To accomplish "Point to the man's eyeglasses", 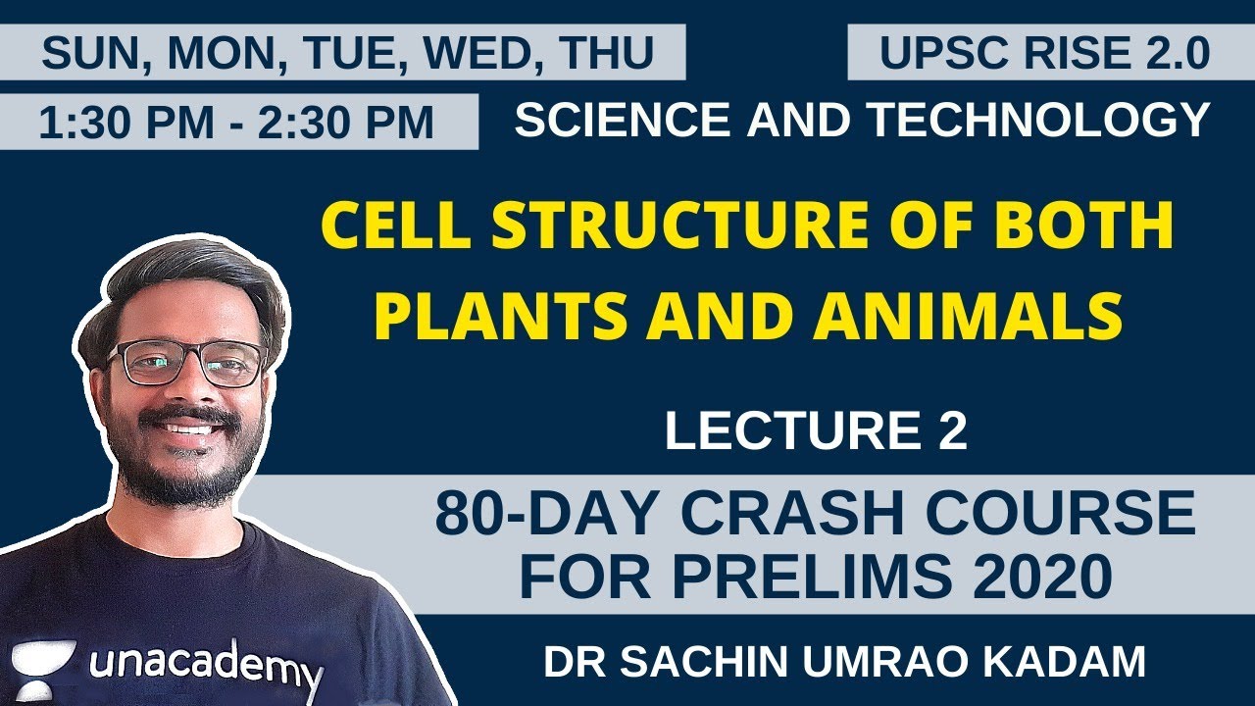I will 186,364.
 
